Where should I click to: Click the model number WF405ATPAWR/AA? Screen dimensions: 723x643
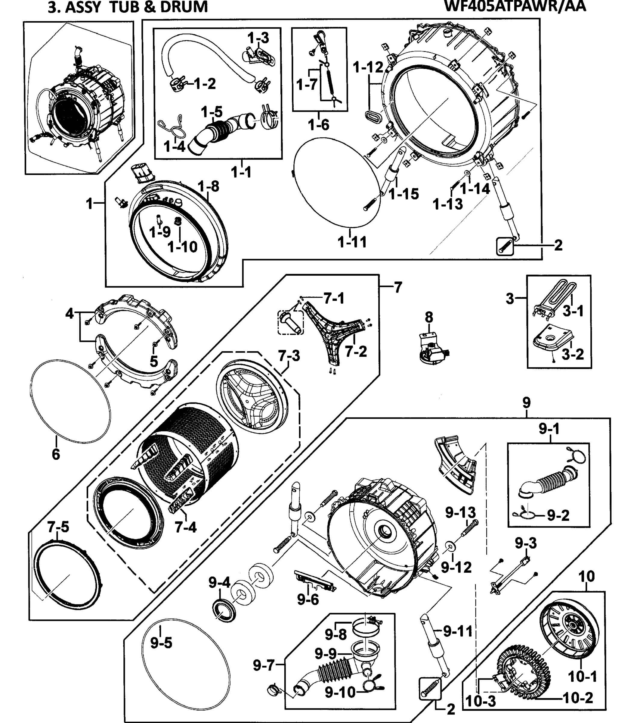pos(515,6)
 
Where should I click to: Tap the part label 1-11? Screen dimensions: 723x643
pos(352,242)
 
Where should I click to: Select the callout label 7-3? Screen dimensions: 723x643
pos(289,356)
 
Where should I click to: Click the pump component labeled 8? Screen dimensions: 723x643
pos(432,349)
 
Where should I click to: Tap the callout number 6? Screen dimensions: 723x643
pos(56,454)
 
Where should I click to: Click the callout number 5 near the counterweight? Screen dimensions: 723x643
pos(154,361)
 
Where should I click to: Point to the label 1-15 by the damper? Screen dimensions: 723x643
pos(404,194)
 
